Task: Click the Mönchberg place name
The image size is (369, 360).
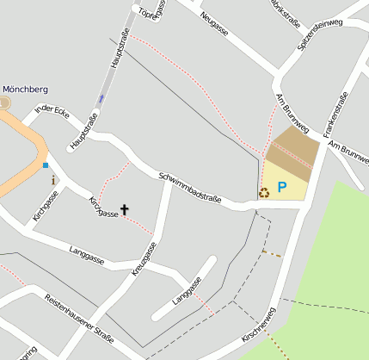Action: pyautogui.click(x=25, y=89)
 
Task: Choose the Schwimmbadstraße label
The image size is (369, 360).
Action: pyautogui.click(x=190, y=189)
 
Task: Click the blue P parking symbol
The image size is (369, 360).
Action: pyautogui.click(x=281, y=185)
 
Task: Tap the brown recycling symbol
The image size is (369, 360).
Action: pyautogui.click(x=264, y=193)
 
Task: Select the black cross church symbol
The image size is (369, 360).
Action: pyautogui.click(x=125, y=209)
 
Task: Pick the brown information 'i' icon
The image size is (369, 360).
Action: pyautogui.click(x=53, y=181)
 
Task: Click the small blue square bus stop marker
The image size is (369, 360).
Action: pyautogui.click(x=45, y=164)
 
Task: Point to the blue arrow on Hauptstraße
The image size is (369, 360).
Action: pyautogui.click(x=101, y=98)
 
